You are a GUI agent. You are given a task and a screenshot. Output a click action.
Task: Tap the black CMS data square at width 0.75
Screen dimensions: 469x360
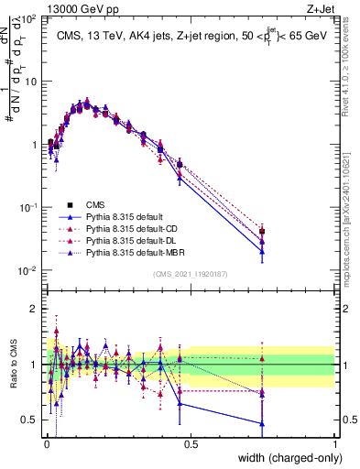coord(262,231)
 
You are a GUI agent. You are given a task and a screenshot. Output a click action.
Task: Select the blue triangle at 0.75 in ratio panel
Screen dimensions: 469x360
coord(262,424)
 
